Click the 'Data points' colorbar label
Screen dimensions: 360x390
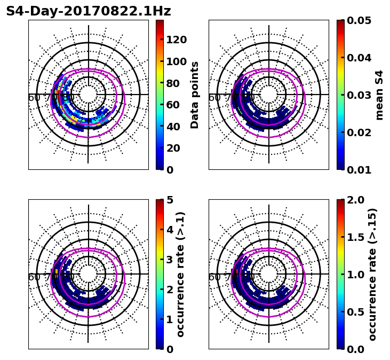pos(195,95)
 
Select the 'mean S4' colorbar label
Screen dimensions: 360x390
pos(379,95)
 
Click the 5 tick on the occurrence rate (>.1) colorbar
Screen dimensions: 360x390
pos(169,200)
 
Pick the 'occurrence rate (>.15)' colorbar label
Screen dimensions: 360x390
pos(372,274)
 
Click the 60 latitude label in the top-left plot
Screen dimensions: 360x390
pos(34,98)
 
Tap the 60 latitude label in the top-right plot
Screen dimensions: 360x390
pos(214,98)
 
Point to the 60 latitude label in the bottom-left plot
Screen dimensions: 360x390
pos(34,277)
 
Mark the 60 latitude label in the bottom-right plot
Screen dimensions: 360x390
pos(214,277)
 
